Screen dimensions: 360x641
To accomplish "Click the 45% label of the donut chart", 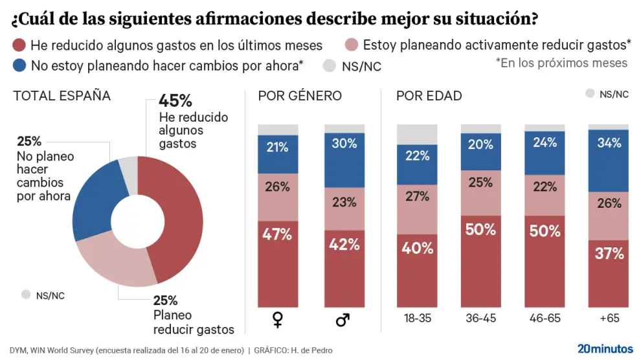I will (175, 102).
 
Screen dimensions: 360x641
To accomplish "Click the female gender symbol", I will (278, 319).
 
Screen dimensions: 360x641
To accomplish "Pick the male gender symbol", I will (344, 319).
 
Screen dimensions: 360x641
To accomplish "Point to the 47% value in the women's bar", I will (278, 234).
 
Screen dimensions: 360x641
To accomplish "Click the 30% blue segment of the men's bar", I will (344, 144).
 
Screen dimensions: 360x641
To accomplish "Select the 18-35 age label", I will (418, 319).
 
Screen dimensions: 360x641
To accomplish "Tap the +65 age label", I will (608, 319).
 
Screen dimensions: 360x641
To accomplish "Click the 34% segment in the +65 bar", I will (608, 142).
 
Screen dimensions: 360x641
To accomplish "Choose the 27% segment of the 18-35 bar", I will (418, 196).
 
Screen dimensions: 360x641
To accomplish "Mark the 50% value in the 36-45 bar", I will (480, 230).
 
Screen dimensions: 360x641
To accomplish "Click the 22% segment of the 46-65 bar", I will (544, 187).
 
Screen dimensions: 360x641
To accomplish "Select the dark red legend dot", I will (19, 45).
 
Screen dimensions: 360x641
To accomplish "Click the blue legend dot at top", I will (19, 65).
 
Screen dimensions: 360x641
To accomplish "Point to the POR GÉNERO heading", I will (300, 96).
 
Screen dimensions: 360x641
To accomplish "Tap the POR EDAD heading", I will (429, 96).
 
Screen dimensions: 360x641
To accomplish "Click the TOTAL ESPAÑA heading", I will (62, 96).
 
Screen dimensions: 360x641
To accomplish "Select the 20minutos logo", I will (605, 348).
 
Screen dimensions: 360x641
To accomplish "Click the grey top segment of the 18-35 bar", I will (418, 134).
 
